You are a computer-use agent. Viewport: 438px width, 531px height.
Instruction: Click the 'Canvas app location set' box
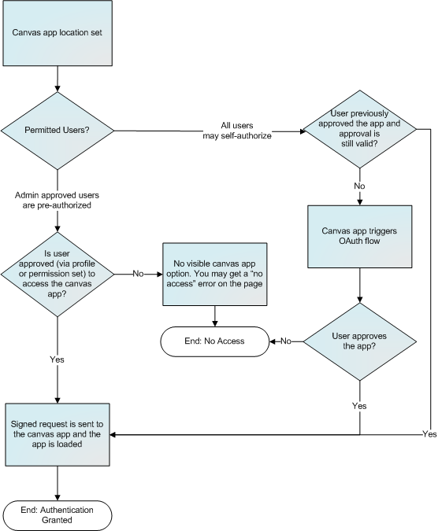click(56, 35)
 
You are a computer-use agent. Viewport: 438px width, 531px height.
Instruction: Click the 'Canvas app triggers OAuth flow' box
click(360, 238)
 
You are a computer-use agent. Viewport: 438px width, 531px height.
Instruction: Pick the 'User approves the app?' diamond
click(360, 341)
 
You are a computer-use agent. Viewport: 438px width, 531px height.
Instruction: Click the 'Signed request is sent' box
click(56, 433)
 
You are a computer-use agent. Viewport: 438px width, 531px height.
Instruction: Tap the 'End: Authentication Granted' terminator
click(56, 515)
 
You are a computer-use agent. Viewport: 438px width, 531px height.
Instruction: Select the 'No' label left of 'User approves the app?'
click(286, 341)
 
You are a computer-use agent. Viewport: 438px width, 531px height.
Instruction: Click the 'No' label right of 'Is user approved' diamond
click(137, 275)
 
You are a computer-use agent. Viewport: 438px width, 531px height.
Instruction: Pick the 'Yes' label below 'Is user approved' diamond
click(56, 359)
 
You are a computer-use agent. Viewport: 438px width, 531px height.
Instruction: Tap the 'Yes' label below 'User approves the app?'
click(359, 406)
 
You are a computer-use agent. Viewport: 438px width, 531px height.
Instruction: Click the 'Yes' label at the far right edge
click(429, 434)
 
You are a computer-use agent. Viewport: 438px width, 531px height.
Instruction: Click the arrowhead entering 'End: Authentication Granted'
click(56, 496)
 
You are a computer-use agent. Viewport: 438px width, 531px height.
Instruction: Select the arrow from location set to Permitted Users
click(56, 79)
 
